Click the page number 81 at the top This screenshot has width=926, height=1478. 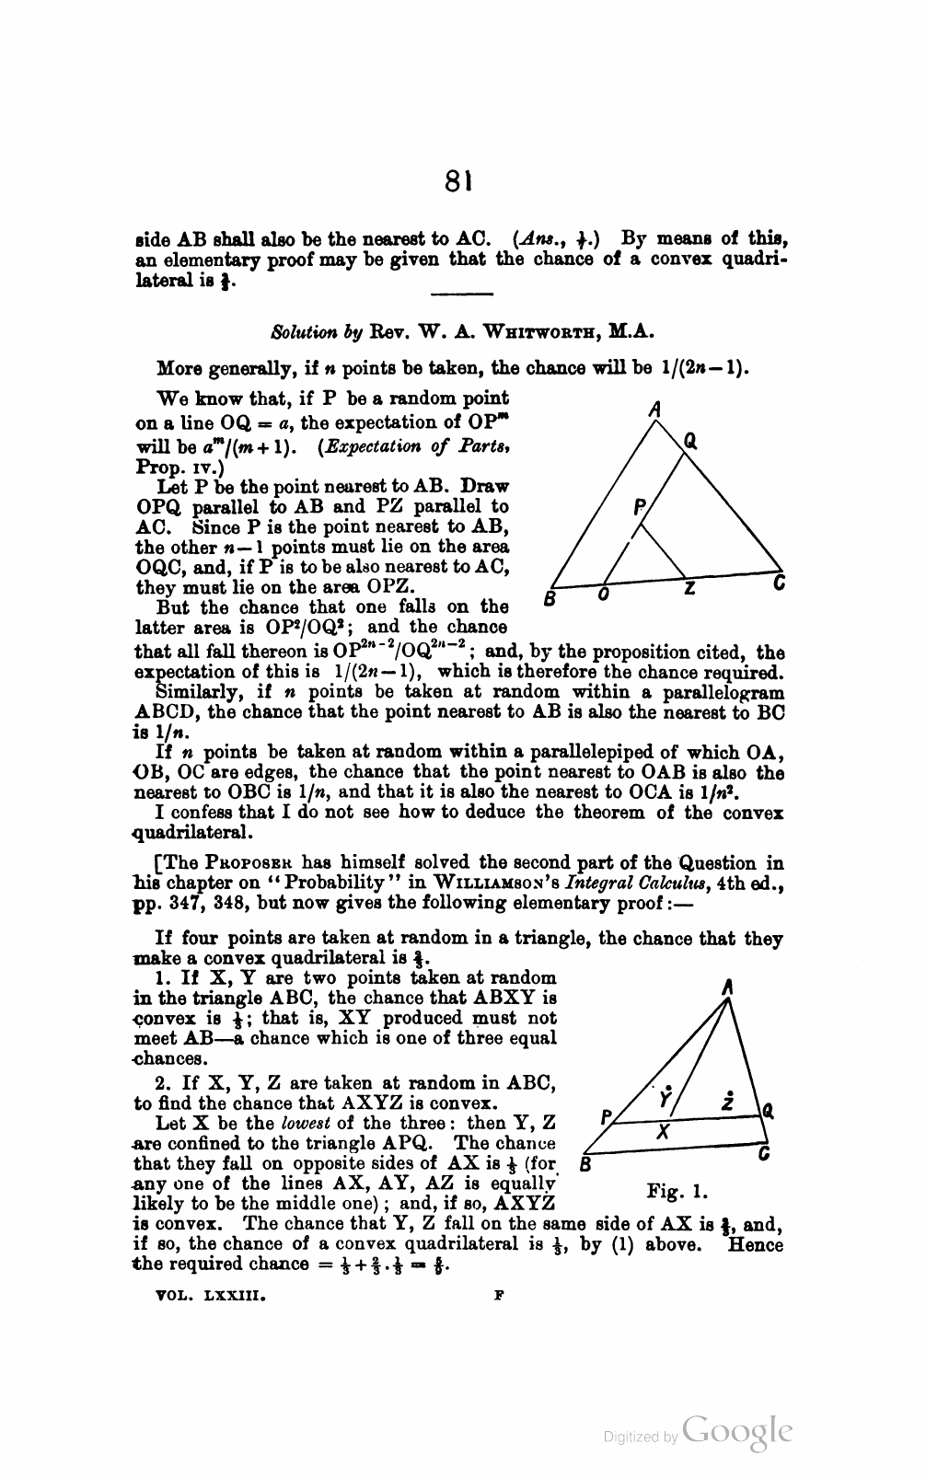coord(457,181)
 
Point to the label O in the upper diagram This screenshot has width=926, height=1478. coord(603,596)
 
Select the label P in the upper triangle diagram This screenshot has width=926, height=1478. coord(639,507)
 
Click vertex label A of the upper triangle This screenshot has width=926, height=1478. coord(654,410)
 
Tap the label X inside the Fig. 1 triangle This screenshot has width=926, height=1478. coord(663,1134)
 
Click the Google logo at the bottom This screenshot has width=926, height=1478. coord(738,1431)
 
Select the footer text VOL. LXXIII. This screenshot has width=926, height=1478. coord(212,1293)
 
